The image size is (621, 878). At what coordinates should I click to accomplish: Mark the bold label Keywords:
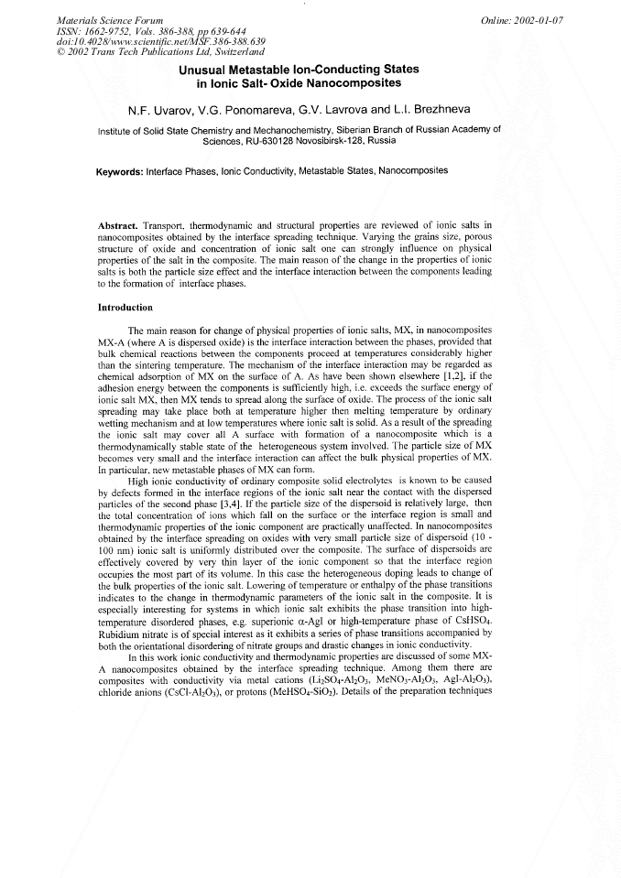125,171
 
